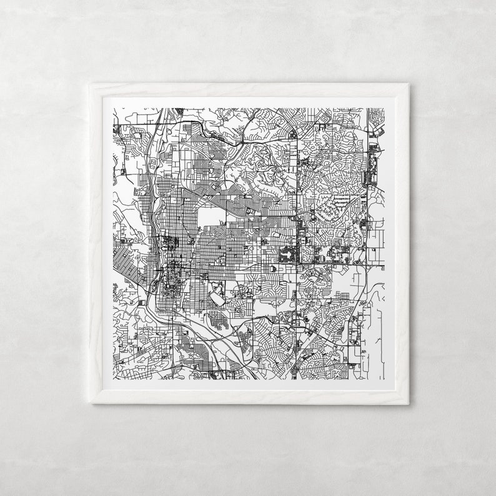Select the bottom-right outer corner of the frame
click(x=409, y=404)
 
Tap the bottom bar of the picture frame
click(x=250, y=399)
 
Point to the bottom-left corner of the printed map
click(x=113, y=380)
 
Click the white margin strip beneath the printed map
click(x=250, y=386)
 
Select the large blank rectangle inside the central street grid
click(x=212, y=216)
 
